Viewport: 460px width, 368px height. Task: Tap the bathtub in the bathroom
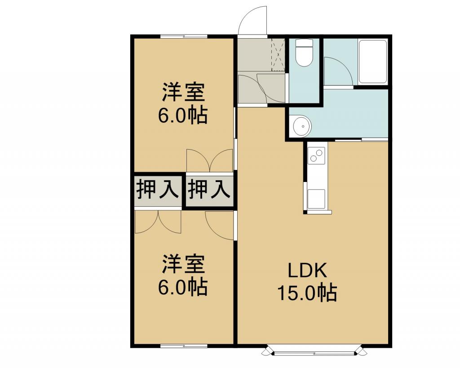coord(373,62)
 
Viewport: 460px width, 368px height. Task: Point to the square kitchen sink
coord(316,199)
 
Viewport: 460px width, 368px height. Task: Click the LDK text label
coord(307,270)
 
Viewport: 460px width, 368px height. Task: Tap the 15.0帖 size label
coord(307,293)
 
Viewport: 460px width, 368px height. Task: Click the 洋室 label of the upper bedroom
coord(183,92)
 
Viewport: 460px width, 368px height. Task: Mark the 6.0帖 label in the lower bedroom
coord(183,287)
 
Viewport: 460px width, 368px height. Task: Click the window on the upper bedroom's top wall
coord(184,36)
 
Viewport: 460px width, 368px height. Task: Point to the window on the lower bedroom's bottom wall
coord(184,346)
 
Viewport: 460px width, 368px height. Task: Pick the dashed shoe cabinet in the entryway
coord(278,54)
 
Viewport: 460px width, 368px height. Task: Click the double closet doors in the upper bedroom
coord(210,160)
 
